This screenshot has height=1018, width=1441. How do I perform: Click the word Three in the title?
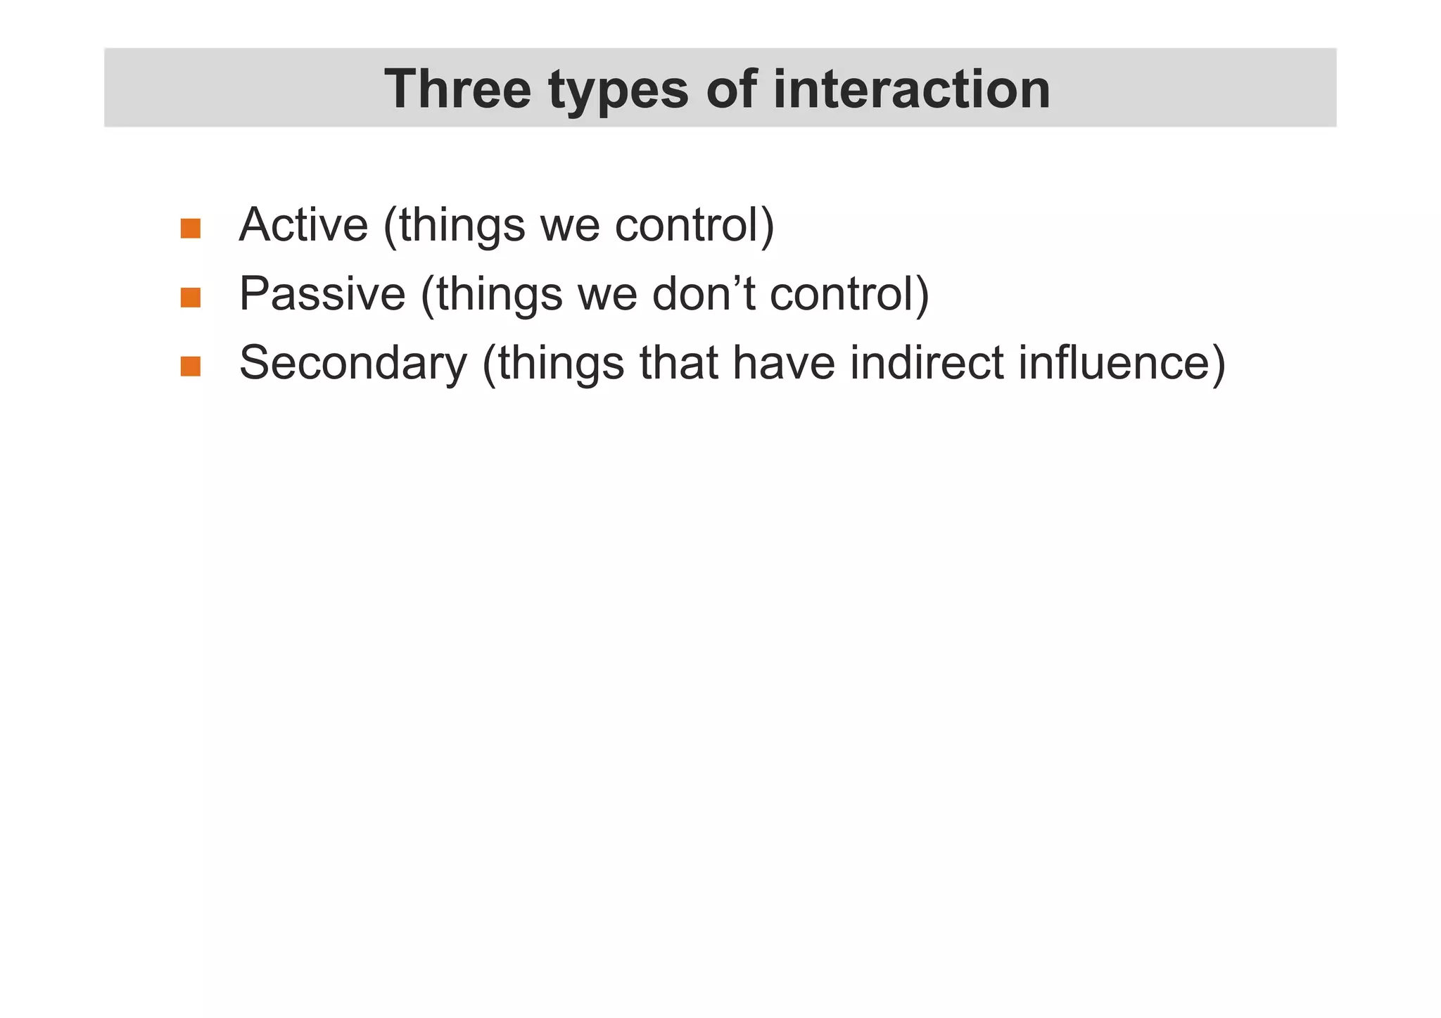[457, 89]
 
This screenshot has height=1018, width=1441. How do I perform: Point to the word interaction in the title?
[912, 89]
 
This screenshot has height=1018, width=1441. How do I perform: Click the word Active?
[303, 225]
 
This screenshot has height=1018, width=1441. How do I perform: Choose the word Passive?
[322, 293]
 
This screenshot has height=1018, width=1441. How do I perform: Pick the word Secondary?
[353, 364]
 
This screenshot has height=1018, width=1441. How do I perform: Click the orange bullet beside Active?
[191, 229]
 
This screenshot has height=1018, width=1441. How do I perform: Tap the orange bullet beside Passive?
[191, 298]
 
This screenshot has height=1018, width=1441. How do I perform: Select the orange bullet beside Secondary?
[191, 367]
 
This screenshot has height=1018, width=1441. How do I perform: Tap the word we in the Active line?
[569, 227]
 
